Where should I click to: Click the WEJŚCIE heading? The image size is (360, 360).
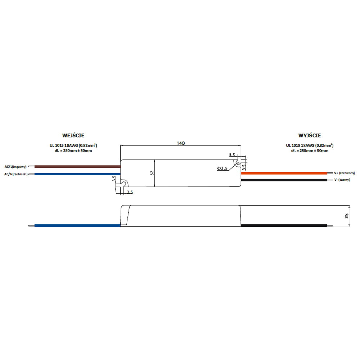tap(73, 135)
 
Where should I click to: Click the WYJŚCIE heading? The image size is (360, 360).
tap(309, 135)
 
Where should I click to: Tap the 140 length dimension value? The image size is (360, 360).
tap(181, 143)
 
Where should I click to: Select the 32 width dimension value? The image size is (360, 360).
tap(152, 173)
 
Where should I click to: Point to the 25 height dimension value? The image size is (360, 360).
tap(347, 216)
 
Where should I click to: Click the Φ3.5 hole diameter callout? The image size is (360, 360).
tap(223, 168)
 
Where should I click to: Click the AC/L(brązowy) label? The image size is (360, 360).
tap(15, 167)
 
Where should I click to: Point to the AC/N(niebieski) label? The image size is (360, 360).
tap(16, 174)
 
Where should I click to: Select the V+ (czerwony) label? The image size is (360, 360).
tap(345, 173)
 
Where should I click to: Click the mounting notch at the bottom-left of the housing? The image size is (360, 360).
tap(123, 184)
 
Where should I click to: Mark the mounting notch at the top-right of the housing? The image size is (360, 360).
tap(238, 163)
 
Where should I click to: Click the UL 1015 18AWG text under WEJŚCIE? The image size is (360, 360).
tap(73, 145)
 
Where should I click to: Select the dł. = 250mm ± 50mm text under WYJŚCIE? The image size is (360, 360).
tap(310, 150)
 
